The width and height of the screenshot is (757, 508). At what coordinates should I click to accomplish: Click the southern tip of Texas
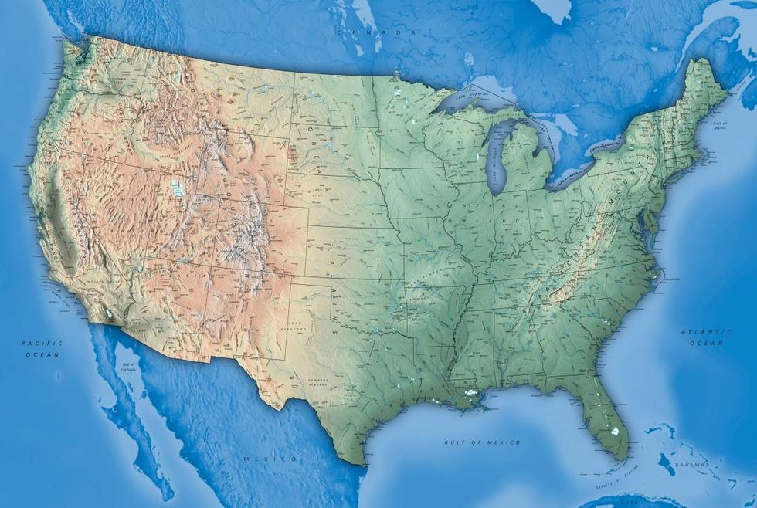(363, 464)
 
